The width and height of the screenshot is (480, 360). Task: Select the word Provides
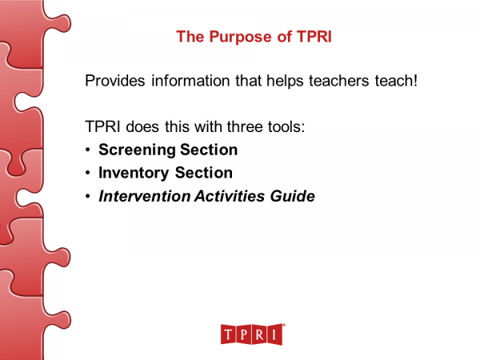pos(113,82)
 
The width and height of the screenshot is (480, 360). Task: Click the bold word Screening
pos(137,150)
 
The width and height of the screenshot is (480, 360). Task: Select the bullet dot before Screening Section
pos(86,150)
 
